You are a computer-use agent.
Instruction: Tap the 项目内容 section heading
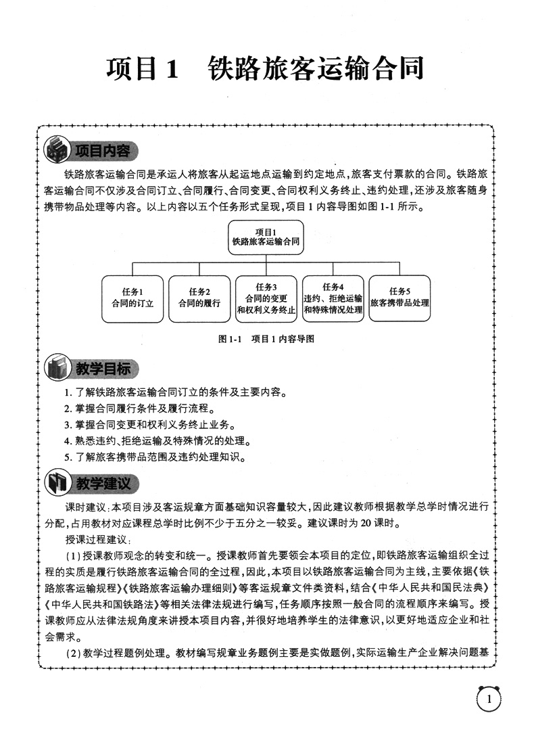pyautogui.click(x=101, y=150)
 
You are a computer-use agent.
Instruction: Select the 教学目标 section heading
pyautogui.click(x=101, y=369)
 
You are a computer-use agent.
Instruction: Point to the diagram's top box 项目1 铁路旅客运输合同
pyautogui.click(x=265, y=236)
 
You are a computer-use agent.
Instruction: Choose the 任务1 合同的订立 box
pyautogui.click(x=132, y=298)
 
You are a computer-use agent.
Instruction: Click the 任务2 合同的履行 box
pyautogui.click(x=199, y=298)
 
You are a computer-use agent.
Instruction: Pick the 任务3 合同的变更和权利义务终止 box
pyautogui.click(x=266, y=298)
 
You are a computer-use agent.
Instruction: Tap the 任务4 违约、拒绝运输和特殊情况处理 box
pyautogui.click(x=333, y=298)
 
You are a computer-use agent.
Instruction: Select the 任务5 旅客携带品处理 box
pyautogui.click(x=399, y=298)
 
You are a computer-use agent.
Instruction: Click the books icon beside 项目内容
pyautogui.click(x=56, y=149)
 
